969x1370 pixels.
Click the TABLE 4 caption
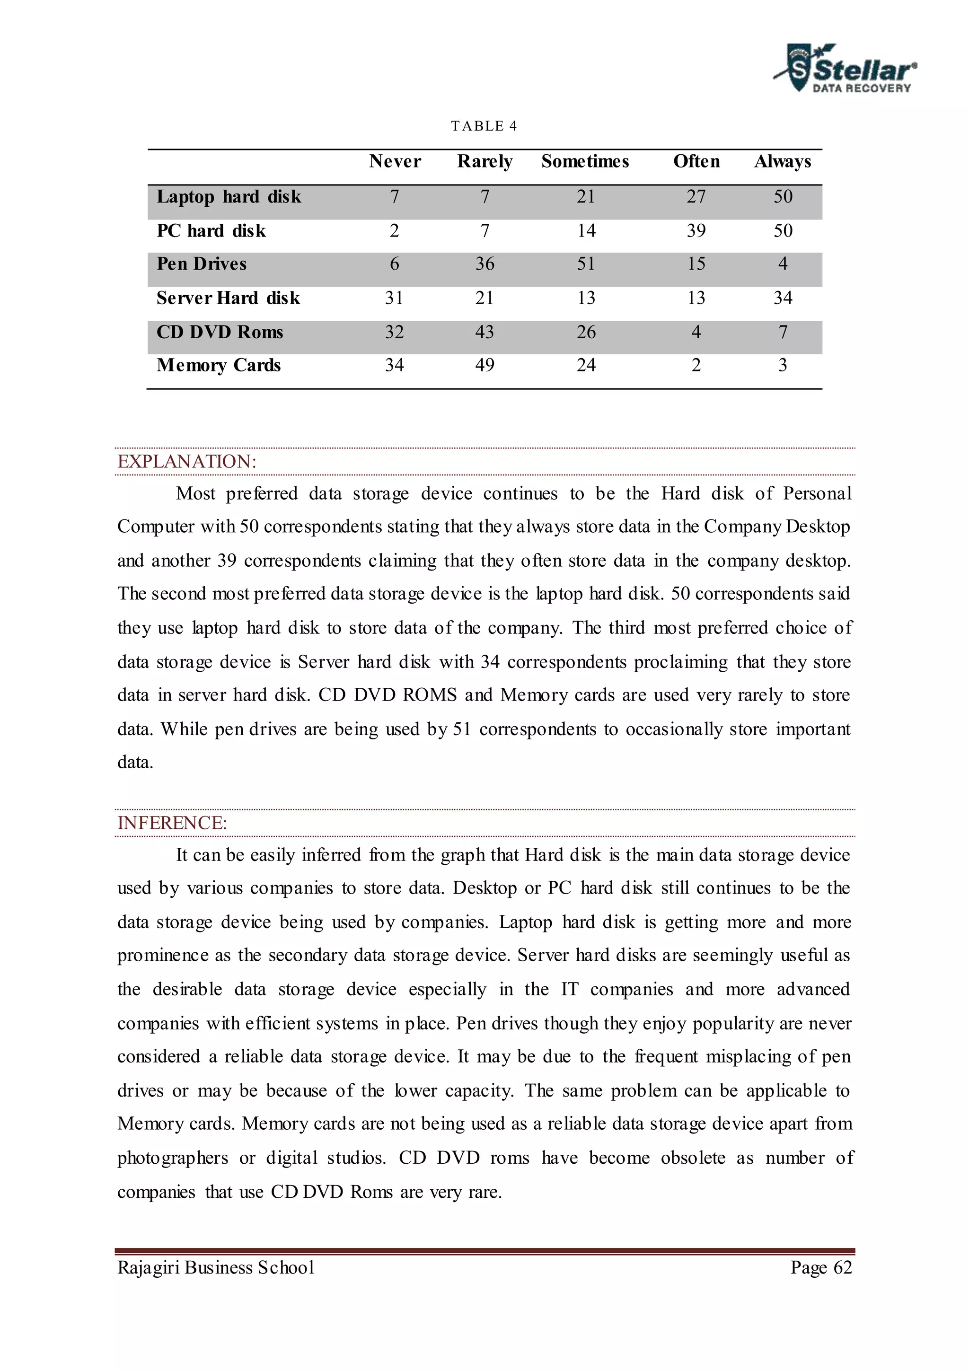click(x=484, y=126)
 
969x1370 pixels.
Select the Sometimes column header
click(x=585, y=161)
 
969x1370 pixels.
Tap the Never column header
click(x=395, y=161)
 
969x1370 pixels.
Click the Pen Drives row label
click(x=201, y=264)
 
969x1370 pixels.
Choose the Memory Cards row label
click(x=219, y=365)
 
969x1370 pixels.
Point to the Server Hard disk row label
click(x=228, y=298)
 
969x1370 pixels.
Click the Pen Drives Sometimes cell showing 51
click(x=585, y=264)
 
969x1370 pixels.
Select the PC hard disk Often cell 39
click(x=696, y=230)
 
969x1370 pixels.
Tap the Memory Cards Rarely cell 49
click(x=484, y=365)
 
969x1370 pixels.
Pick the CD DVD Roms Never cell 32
click(x=395, y=332)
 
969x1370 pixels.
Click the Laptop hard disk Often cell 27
click(x=696, y=196)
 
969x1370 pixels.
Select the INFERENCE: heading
click(x=172, y=823)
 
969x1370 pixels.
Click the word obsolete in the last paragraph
click(x=693, y=1158)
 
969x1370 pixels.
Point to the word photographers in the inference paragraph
click(x=172, y=1158)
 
